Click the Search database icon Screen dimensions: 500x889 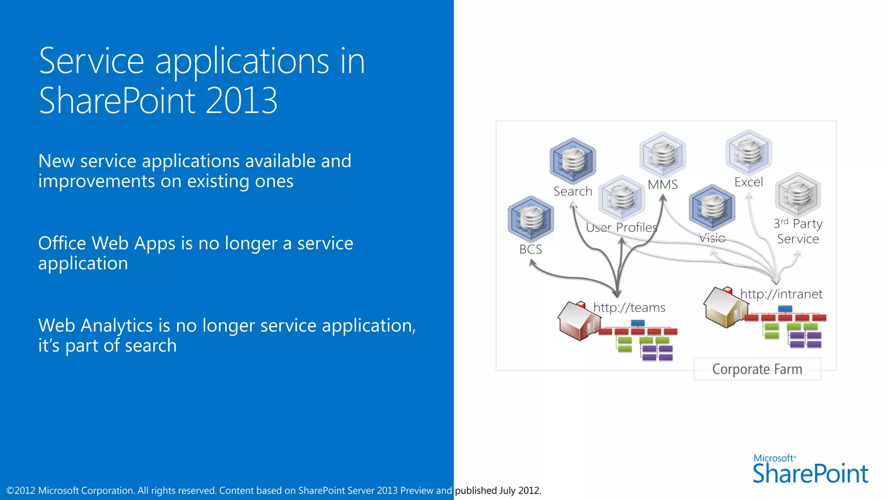tap(573, 161)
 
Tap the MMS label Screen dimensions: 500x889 tap(662, 184)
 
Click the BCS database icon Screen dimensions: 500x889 tap(531, 219)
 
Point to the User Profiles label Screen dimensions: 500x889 tap(622, 227)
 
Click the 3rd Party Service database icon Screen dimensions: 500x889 tap(798, 195)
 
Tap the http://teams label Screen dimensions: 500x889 tap(629, 308)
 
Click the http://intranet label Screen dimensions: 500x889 tap(781, 294)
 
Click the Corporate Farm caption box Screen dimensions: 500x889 tap(757, 369)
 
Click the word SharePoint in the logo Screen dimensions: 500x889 tap(810, 474)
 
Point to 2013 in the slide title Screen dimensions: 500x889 tap(241, 101)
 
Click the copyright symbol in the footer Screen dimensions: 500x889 tap(10, 491)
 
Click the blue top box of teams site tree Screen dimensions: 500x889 tap(637, 323)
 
